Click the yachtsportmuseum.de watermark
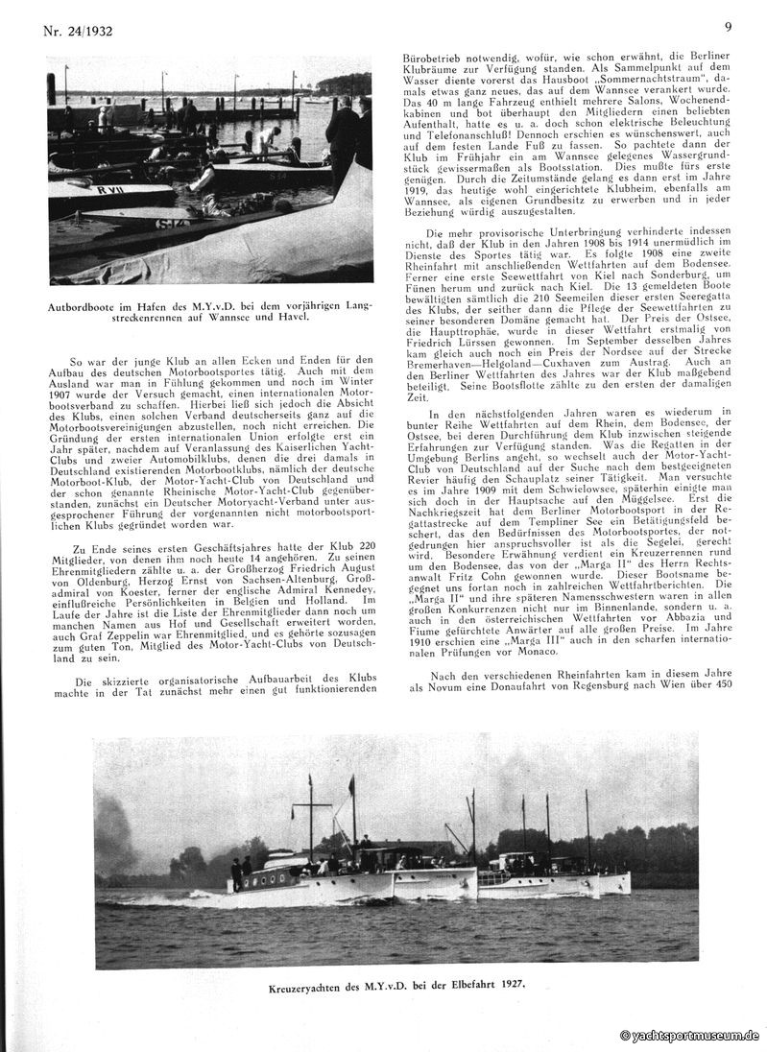click(x=690, y=1037)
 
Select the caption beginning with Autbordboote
click(x=209, y=311)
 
